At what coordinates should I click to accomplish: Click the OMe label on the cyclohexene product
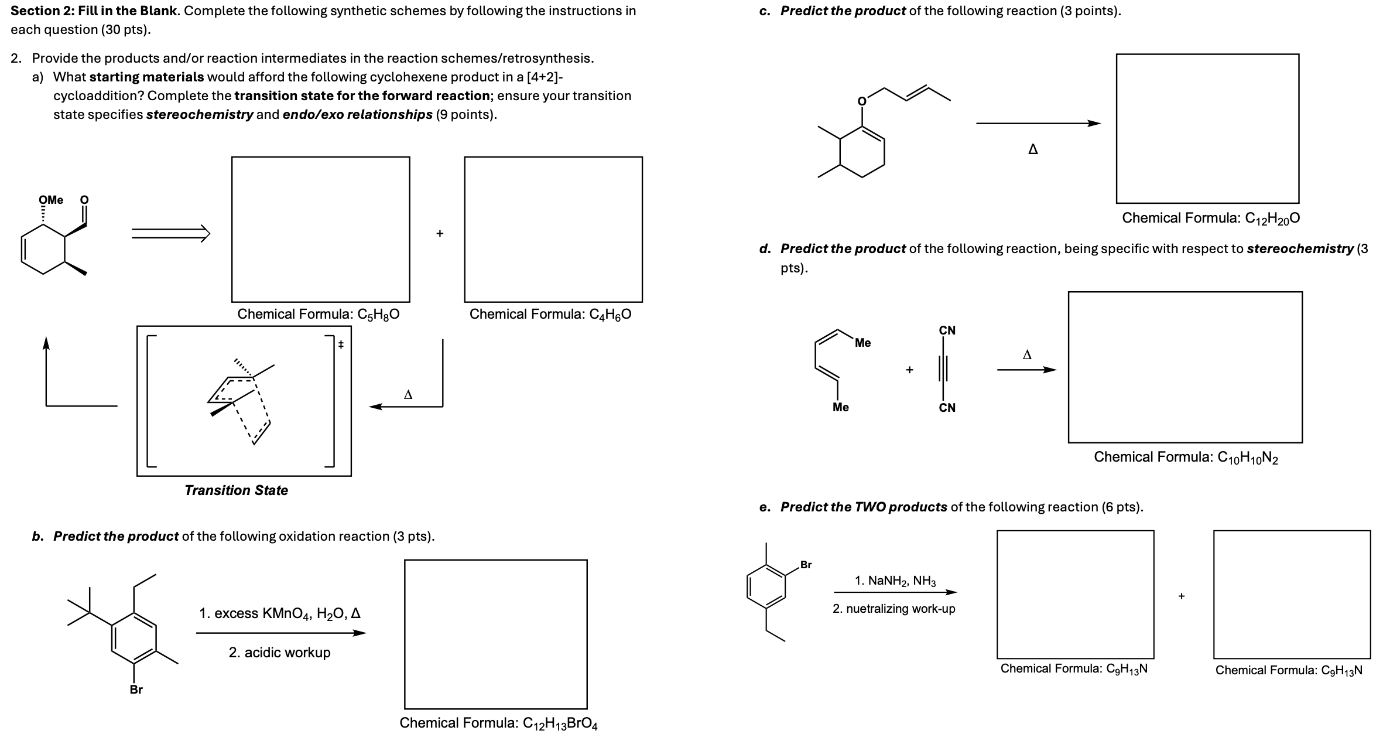pos(51,200)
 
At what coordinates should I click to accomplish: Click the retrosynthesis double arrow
pos(170,234)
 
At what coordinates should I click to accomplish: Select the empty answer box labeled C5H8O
pos(320,229)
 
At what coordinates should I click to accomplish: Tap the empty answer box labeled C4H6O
pos(553,229)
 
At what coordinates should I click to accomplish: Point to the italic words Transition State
pos(236,490)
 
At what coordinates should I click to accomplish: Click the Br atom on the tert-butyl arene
pos(136,690)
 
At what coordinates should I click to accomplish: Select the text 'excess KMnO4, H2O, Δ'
pos(279,613)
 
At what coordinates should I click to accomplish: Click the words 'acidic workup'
pos(287,652)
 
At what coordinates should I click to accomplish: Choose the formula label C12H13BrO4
pos(498,723)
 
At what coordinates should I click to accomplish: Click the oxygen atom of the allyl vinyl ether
pos(861,101)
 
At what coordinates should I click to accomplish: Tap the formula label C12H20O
pos(1211,219)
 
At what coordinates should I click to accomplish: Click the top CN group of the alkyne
pos(947,330)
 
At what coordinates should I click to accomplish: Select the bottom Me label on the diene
pos(840,407)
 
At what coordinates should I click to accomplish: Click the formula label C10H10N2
pos(1186,458)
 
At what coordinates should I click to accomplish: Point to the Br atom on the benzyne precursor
pos(806,565)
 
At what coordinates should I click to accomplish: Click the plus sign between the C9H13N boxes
pos(1182,596)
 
